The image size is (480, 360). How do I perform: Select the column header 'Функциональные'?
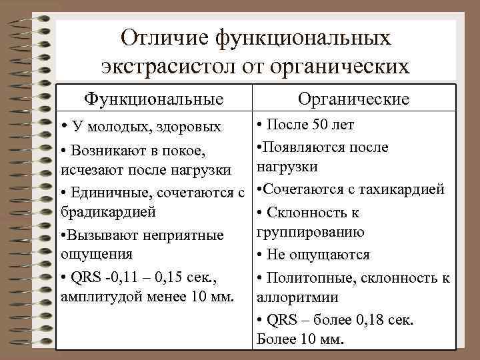pos(153,99)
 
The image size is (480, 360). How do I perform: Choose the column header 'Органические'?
pos(353,99)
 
